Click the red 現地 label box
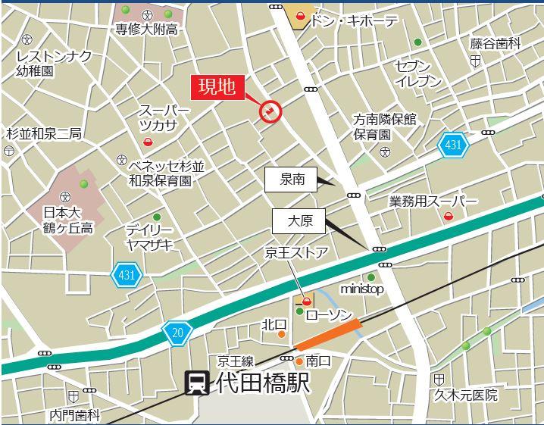tap(217, 86)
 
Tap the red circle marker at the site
tap(270, 112)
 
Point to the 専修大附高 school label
tap(147, 30)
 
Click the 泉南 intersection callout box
tap(292, 180)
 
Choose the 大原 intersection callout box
tap(299, 221)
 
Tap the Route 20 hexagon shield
tap(177, 330)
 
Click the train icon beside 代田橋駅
tap(197, 383)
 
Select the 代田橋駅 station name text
tap(262, 383)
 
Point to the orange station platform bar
tap(327, 335)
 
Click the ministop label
tap(362, 289)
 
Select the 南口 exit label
tap(318, 361)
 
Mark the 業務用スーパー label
tap(433, 202)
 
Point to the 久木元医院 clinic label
tap(466, 395)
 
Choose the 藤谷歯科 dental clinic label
tap(496, 44)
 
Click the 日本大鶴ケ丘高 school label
tap(67, 220)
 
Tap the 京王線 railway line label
tap(236, 361)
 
